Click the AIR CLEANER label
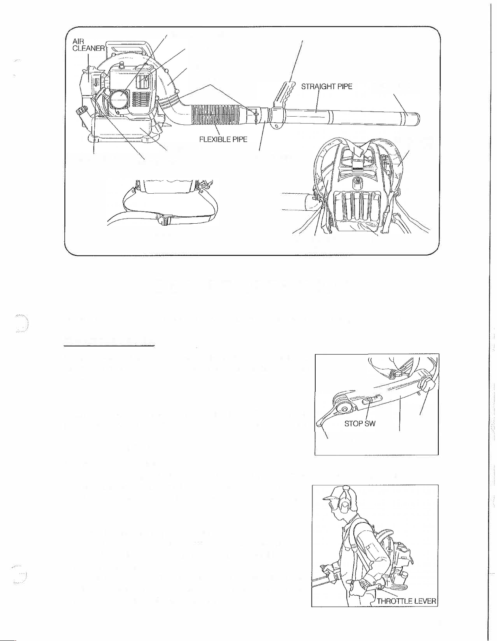click(88, 45)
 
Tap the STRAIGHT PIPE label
click(327, 86)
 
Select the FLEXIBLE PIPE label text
click(223, 139)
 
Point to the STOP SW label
click(360, 423)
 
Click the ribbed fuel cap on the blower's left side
click(80, 112)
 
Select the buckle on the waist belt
click(163, 221)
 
